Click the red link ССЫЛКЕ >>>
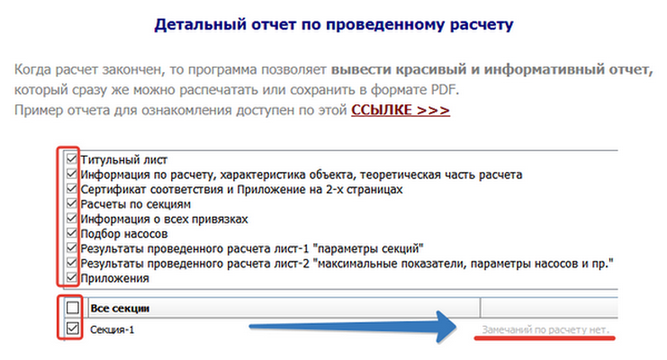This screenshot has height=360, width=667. (401, 110)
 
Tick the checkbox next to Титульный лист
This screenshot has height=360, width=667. (72, 158)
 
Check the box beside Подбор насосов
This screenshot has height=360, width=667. (72, 233)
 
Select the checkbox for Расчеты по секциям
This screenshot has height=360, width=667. (72, 203)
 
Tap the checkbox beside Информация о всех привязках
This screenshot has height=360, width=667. (72, 218)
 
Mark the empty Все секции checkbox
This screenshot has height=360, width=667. (72, 309)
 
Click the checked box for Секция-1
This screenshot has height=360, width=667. (72, 330)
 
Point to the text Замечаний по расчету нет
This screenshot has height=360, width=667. (545, 331)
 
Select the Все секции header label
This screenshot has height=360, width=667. (120, 309)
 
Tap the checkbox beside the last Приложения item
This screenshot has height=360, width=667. (72, 278)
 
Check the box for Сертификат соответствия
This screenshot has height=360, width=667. (72, 189)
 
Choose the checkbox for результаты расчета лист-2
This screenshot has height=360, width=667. (72, 263)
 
